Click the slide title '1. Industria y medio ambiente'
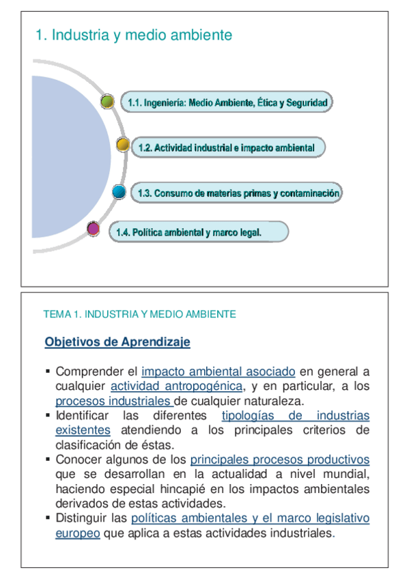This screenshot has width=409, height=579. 134,35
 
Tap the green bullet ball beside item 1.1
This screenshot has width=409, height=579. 107,102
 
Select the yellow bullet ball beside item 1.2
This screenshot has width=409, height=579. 123,145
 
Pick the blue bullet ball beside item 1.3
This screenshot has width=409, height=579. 119,192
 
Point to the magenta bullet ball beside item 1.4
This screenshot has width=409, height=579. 94,229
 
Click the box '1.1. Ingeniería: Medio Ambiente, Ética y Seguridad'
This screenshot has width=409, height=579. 227,103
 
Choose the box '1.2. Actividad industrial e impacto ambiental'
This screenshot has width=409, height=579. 226,147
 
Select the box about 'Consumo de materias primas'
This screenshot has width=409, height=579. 236,193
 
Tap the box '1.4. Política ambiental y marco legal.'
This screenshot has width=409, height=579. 198,232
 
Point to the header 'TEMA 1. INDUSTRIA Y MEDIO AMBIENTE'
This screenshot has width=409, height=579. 139,314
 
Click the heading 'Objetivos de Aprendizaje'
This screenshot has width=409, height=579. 117,341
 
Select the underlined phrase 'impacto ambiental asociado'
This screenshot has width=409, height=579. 218,372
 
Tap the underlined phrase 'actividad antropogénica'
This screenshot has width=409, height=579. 176,386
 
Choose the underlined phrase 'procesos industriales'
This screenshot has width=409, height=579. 113,401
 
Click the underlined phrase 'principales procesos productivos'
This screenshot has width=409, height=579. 279,460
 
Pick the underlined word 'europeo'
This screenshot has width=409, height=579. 78,533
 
